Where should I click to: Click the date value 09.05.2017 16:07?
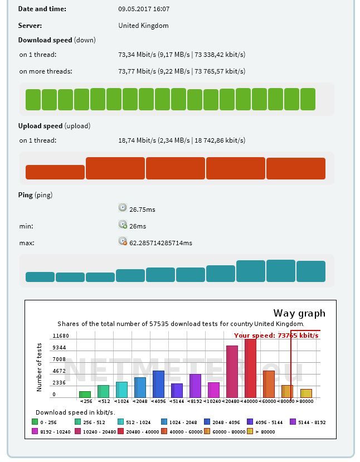(x=144, y=9)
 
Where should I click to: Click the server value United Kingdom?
(x=143, y=26)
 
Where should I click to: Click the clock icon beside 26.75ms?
(x=123, y=208)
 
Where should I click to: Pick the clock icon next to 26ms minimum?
(x=123, y=225)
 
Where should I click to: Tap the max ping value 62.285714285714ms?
(x=160, y=243)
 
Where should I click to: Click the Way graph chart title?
(x=299, y=313)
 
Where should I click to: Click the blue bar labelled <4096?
(x=158, y=384)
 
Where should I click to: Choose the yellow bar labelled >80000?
(x=306, y=393)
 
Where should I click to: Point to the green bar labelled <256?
(x=85, y=395)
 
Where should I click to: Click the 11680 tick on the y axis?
(x=60, y=336)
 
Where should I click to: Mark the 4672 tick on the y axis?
(x=59, y=371)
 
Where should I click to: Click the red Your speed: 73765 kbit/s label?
(x=276, y=335)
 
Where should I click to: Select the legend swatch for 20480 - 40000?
(x=121, y=431)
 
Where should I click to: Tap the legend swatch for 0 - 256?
(x=35, y=422)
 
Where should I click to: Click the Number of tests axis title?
(x=40, y=367)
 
